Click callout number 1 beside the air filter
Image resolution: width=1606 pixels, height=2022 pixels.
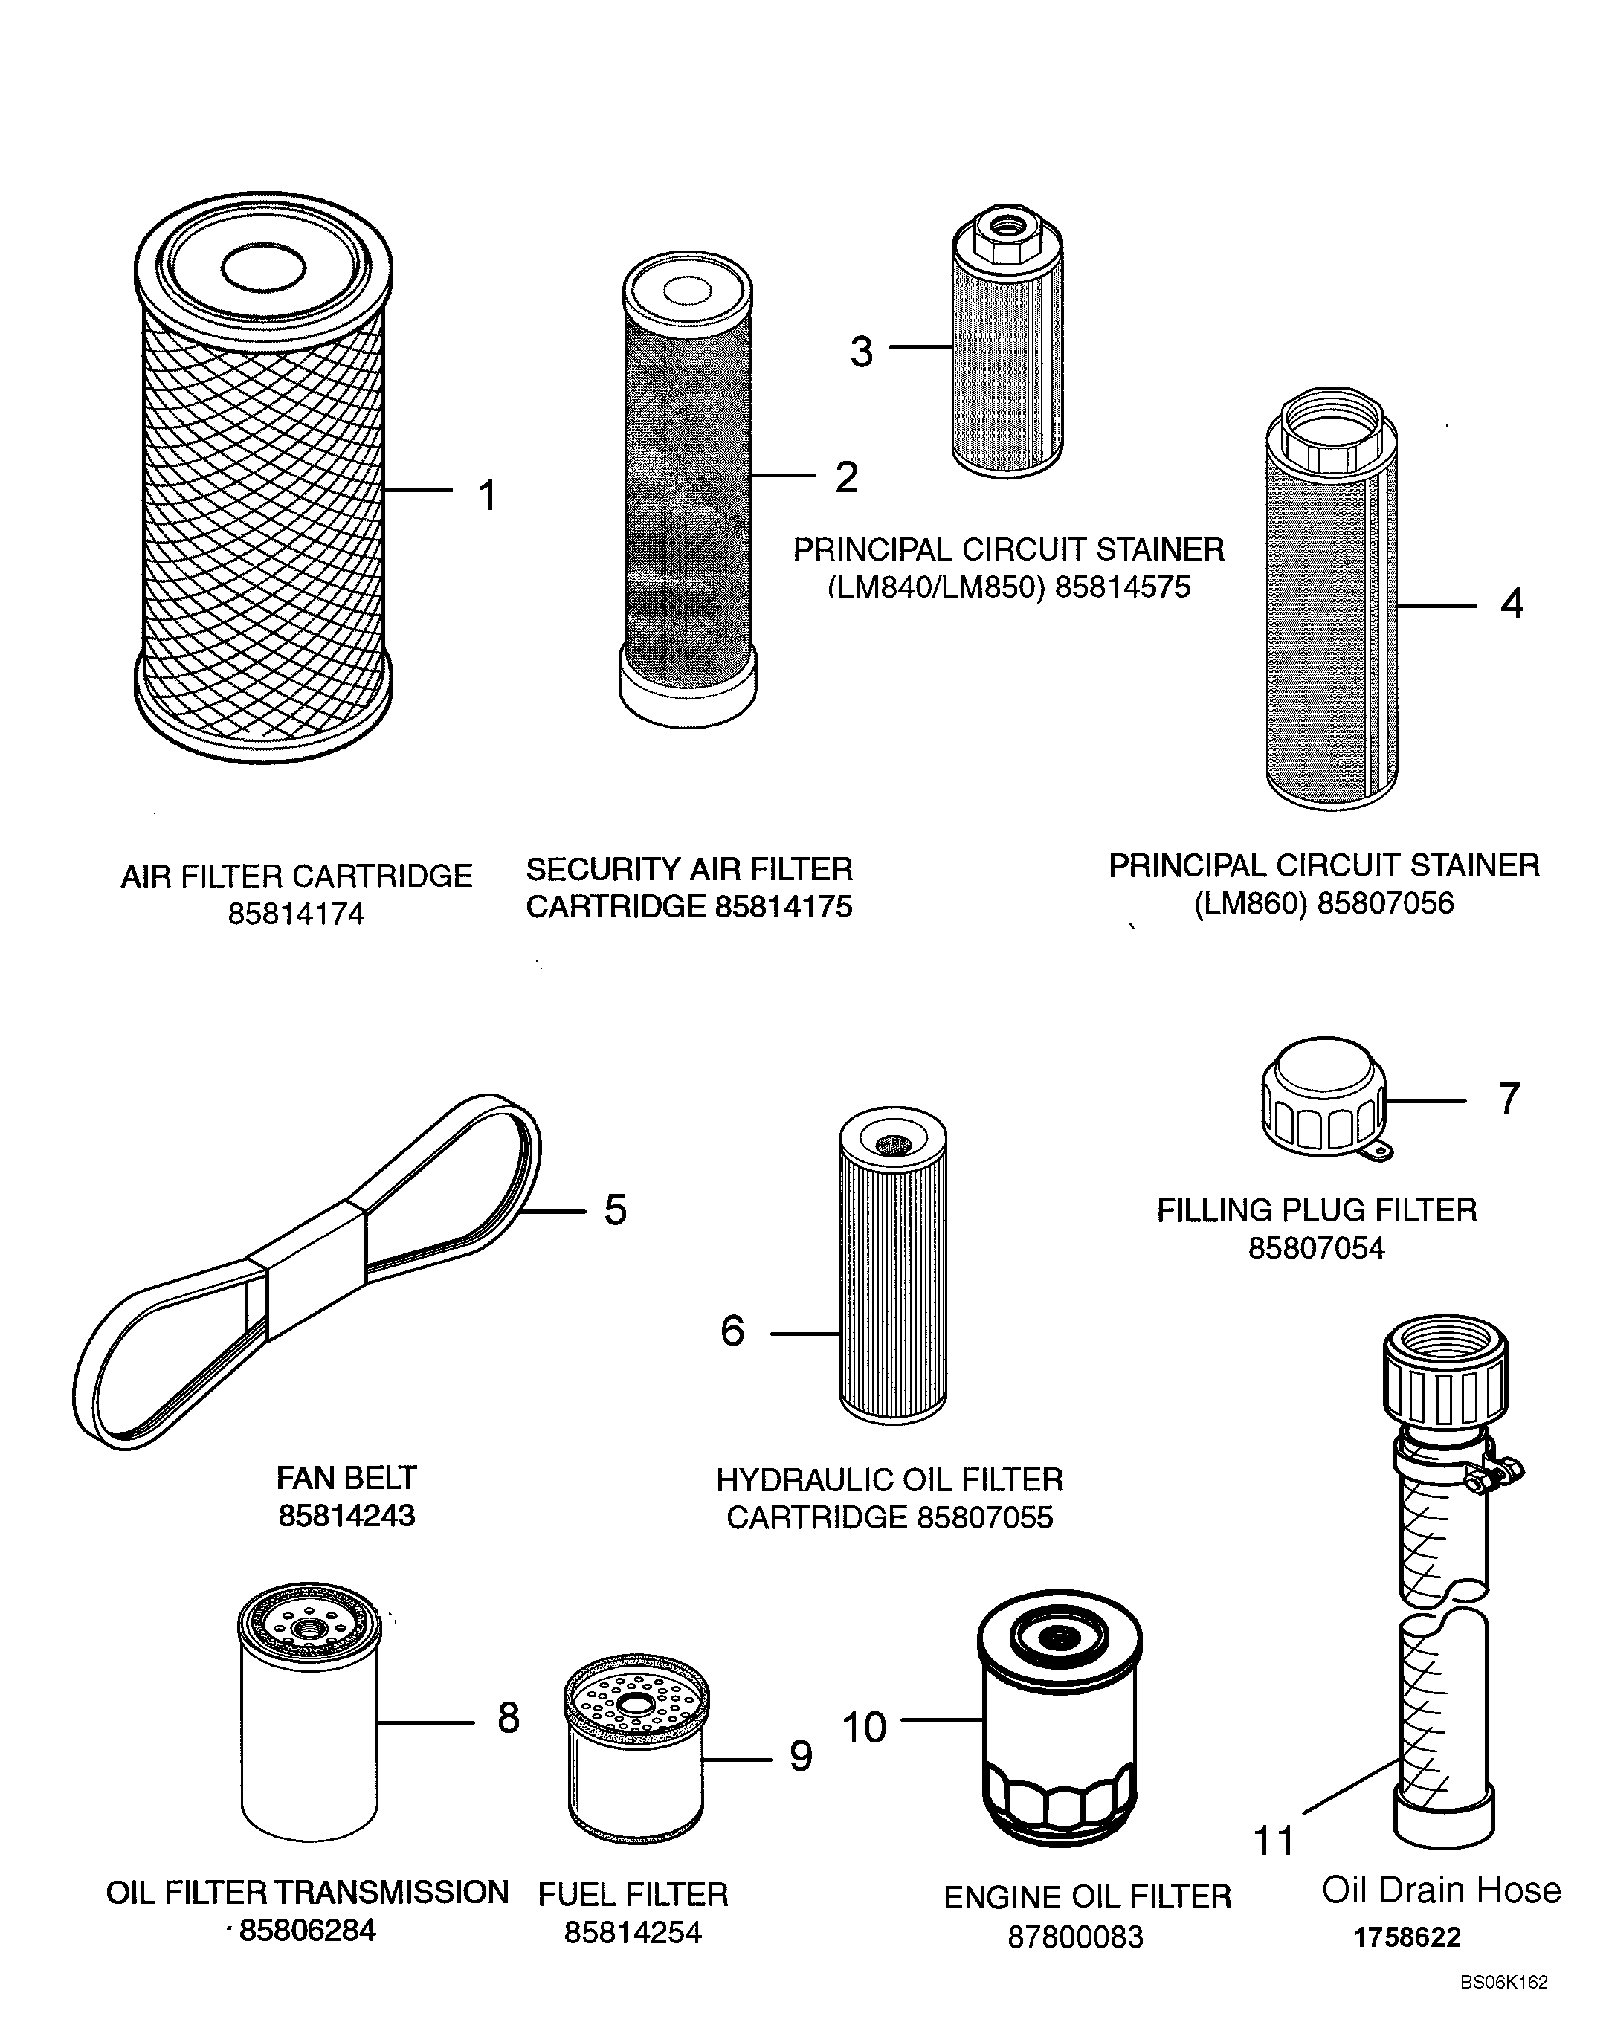tap(487, 495)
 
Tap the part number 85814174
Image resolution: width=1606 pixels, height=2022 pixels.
tap(295, 914)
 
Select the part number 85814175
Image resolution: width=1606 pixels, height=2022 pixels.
tap(784, 907)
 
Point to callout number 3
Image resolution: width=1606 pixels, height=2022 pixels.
tap(860, 352)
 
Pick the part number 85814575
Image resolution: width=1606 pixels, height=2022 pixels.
tap(1122, 588)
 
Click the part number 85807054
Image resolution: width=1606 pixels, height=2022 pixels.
tap(1315, 1248)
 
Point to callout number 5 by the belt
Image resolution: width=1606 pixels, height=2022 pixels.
tap(614, 1209)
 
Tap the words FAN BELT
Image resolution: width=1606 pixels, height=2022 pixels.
tap(346, 1478)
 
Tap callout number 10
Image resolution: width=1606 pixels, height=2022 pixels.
tap(863, 1728)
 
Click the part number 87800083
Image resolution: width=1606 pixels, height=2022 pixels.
tap(1075, 1937)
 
